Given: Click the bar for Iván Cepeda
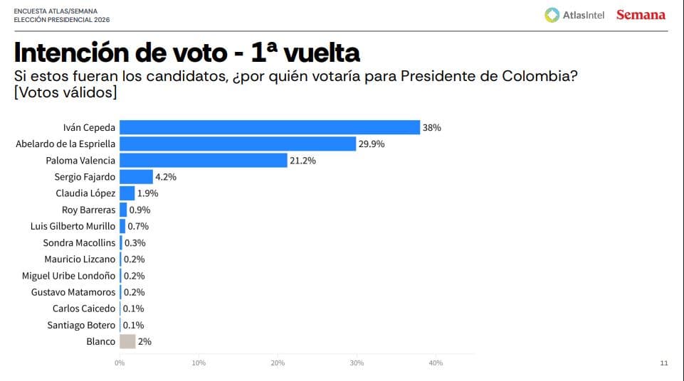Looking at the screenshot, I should [x=270, y=127].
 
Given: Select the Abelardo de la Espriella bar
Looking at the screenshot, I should [x=238, y=144].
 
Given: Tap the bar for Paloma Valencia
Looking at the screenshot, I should [x=204, y=161].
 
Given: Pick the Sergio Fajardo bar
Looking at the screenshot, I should [x=136, y=177].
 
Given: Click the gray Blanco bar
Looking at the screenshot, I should [x=127, y=341].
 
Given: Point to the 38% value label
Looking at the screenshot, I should [x=432, y=128].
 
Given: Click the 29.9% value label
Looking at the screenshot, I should [x=372, y=144].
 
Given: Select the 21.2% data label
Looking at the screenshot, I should [x=302, y=161].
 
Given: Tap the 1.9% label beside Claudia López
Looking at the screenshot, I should [x=147, y=193].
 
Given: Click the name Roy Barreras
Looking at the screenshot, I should [x=89, y=210].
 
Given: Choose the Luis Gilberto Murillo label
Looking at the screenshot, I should [x=73, y=226].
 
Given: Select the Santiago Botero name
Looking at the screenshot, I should [x=81, y=325].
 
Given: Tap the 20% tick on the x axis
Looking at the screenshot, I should [x=278, y=363].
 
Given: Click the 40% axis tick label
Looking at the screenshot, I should [x=436, y=363].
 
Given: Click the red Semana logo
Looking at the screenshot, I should [x=641, y=15].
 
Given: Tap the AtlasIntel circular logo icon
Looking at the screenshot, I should [x=552, y=15].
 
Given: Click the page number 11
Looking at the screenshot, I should [x=664, y=363].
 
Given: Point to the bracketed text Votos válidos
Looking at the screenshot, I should [x=65, y=92].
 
